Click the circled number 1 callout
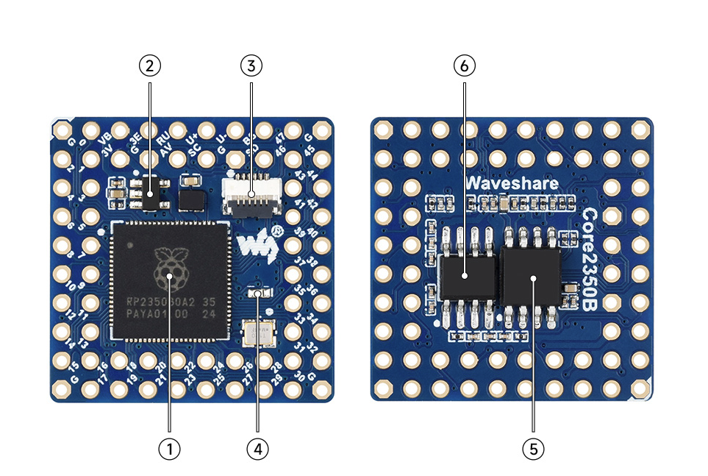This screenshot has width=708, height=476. (x=169, y=448)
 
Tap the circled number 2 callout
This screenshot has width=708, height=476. (x=150, y=66)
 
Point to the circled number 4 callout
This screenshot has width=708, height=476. (x=257, y=448)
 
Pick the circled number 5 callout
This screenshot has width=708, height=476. (x=533, y=448)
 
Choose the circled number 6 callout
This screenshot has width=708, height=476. (x=465, y=66)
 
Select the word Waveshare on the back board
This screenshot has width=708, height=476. (x=512, y=183)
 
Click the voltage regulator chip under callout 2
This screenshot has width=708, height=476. (x=150, y=195)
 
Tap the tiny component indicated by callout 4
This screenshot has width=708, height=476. (x=257, y=294)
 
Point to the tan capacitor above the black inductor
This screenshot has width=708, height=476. (x=191, y=179)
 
